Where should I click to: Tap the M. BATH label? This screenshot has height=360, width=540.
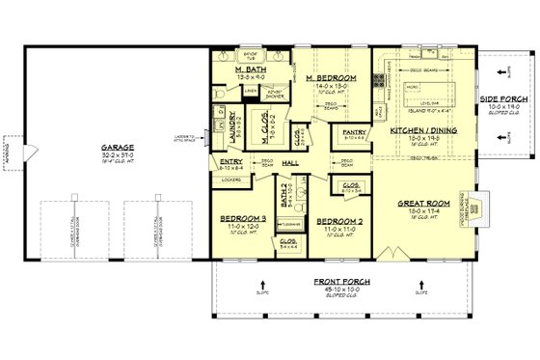tap(251, 70)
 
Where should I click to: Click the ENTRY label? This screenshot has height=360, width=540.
tap(230, 162)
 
